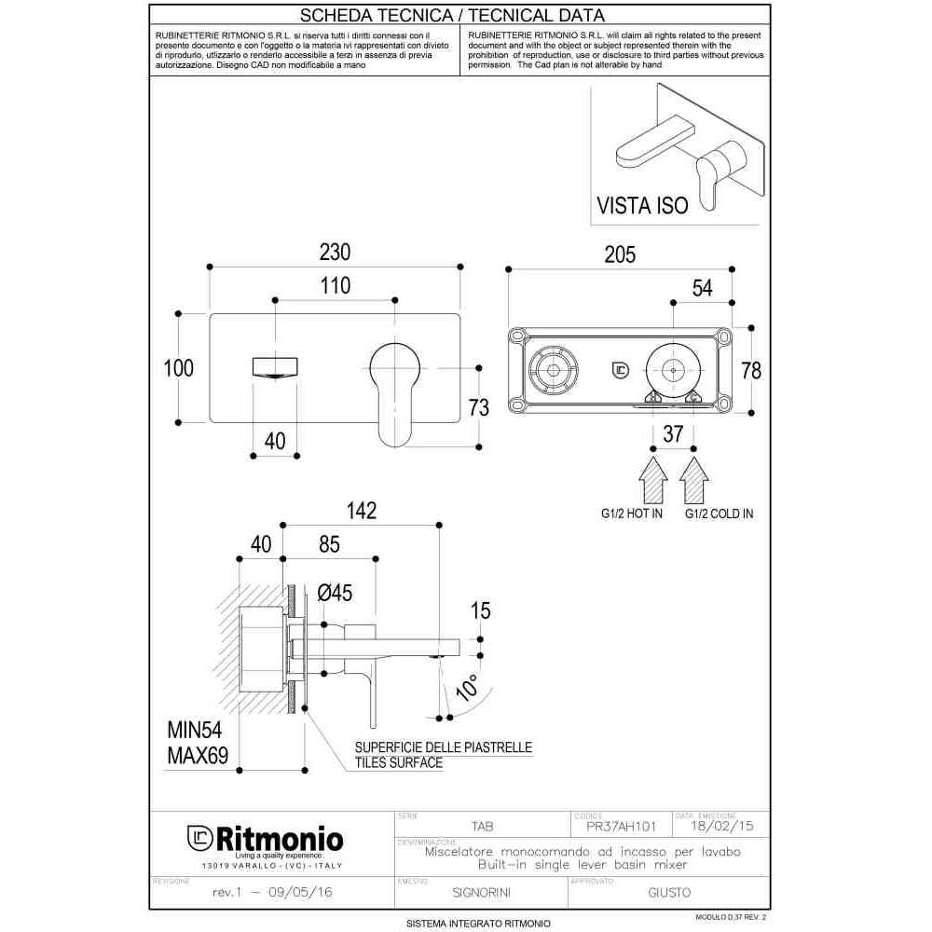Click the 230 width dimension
pos(336,253)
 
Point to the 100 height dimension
pos(178,368)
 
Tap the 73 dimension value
pos(479,407)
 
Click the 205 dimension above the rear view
pos(619,254)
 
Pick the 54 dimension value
pos(702,288)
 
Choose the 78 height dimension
pos(751,370)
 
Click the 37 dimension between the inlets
pos(673,433)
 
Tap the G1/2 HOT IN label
pos(632,514)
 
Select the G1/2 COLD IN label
pos(720,514)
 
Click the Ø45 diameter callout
pos(335,592)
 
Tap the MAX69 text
pos(198,755)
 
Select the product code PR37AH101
pos(622,826)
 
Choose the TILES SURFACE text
pos(398,762)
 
